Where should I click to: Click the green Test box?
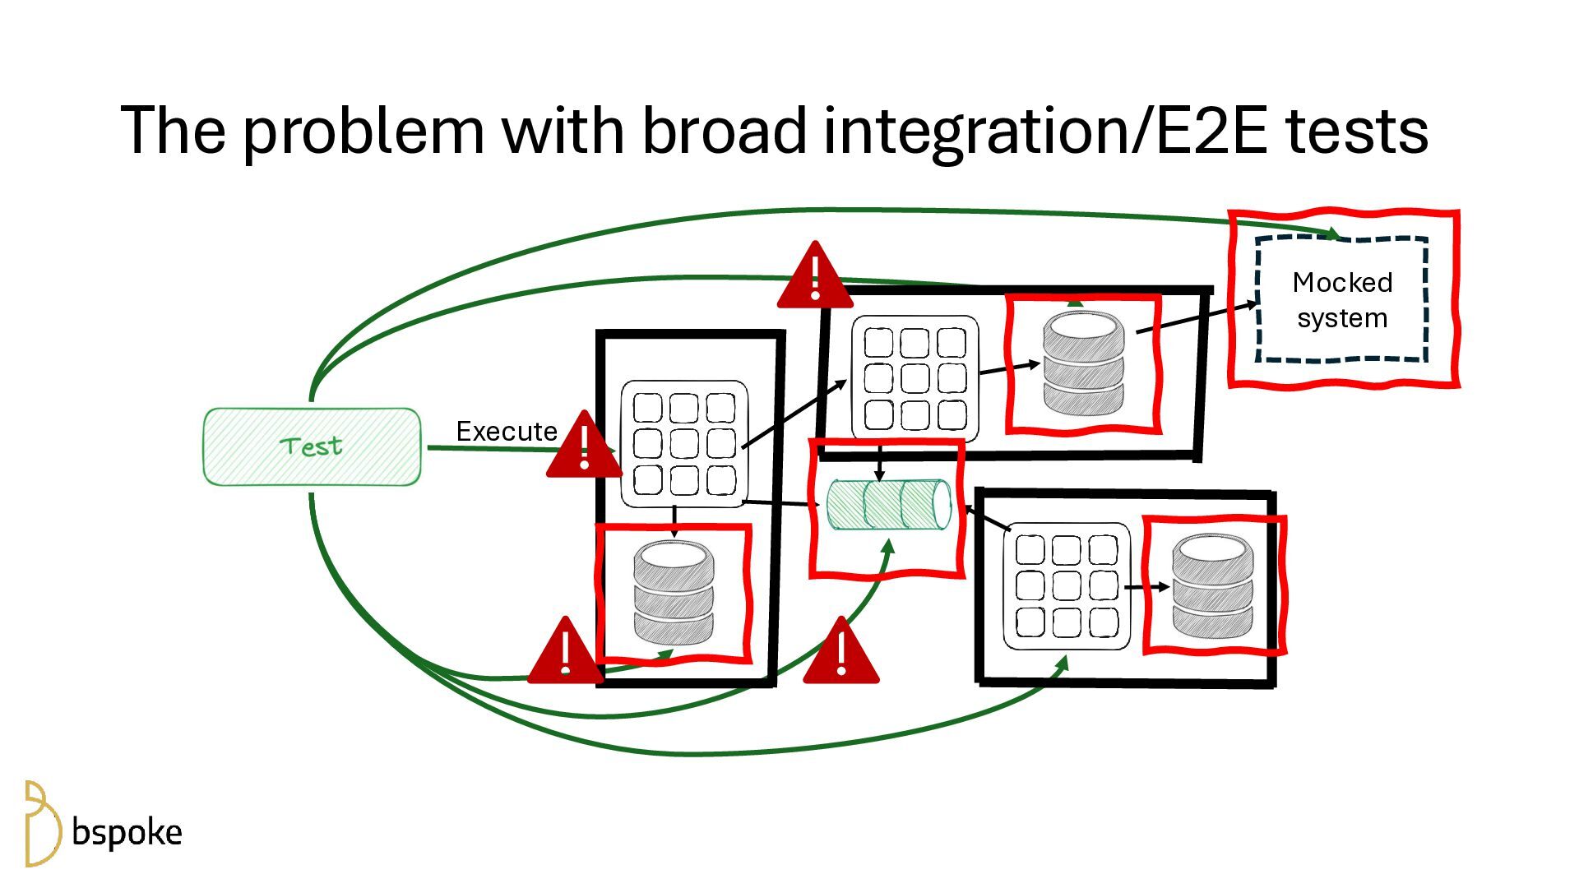312,446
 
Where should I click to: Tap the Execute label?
507,431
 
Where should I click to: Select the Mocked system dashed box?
1341,300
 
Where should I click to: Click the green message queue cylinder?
888,504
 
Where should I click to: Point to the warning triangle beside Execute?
584,449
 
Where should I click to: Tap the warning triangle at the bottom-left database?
565,654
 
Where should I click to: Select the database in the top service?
1083,363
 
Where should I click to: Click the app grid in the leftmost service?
684,443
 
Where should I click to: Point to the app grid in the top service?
915,378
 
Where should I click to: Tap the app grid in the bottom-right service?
1067,585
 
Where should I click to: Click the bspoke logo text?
127,832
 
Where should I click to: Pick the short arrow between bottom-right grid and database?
1146,587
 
